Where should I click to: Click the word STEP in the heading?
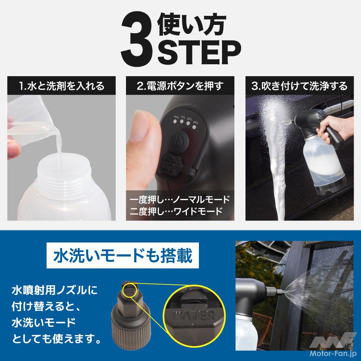point(199,52)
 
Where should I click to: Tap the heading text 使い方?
point(192,25)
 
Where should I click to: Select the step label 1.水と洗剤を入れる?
point(61,86)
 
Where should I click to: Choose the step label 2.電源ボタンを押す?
point(180,86)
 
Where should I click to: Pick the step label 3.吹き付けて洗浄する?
point(300,86)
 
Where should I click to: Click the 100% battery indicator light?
point(176,121)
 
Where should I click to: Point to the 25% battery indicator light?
point(195,127)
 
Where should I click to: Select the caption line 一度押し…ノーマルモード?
point(180,199)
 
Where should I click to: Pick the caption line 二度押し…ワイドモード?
point(176,211)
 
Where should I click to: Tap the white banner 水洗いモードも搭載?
point(123,255)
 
